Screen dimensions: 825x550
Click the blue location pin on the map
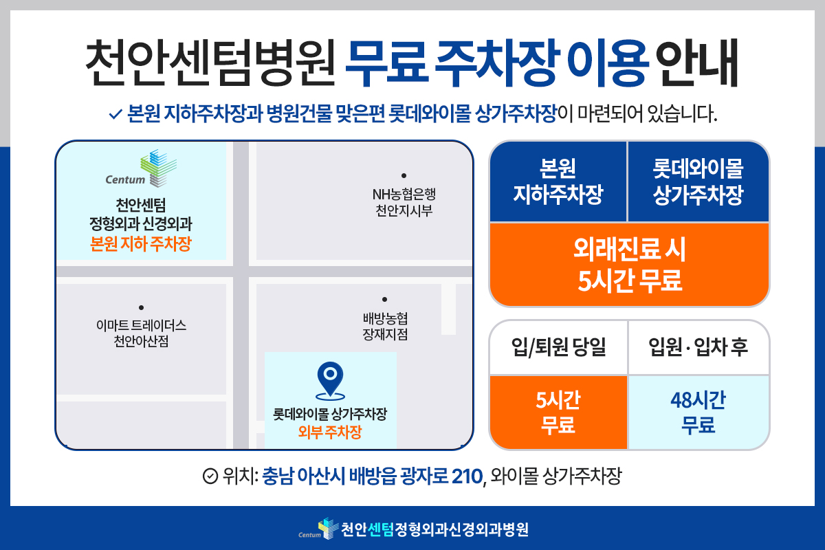point(331,379)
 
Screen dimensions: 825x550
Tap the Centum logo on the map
point(141,168)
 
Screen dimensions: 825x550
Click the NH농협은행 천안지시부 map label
point(404,202)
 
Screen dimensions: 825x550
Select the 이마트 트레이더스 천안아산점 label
point(141,333)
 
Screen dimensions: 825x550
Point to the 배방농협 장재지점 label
point(385,327)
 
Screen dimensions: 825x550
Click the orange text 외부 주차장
point(330,432)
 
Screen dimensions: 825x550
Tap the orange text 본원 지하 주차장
point(141,243)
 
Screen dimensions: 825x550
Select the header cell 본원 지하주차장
point(558,181)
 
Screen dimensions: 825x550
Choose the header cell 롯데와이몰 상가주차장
point(698,181)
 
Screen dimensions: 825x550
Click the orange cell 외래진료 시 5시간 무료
point(630,265)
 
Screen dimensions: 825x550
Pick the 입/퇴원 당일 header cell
point(558,347)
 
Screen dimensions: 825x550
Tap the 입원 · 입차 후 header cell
point(698,347)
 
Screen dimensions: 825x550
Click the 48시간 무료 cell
point(698,412)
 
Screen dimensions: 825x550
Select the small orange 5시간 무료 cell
point(558,412)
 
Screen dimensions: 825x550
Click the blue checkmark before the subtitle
point(115,114)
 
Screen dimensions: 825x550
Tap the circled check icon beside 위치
point(210,476)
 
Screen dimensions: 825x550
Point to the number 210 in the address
point(467,476)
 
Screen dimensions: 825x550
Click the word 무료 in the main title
point(387,63)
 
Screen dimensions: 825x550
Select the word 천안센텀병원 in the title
point(210,63)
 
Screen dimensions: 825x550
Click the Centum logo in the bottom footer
point(318,529)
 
